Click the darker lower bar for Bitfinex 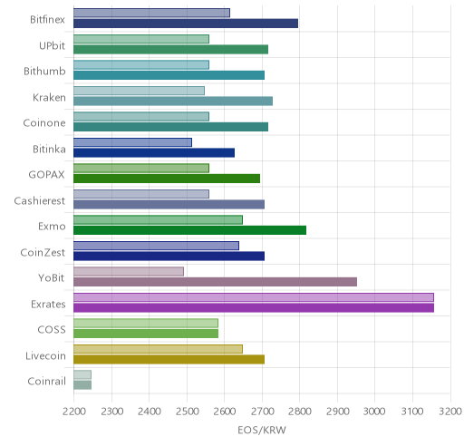click(186, 24)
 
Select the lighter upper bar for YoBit click(129, 271)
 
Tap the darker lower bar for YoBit click(216, 282)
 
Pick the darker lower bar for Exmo click(190, 230)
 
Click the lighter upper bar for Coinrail click(82, 374)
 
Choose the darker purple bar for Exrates click(254, 307)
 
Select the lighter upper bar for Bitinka click(132, 142)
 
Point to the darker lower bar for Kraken click(173, 101)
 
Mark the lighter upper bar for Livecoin click(158, 349)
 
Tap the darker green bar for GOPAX click(167, 179)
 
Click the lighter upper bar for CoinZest click(156, 246)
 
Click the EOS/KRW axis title click(262, 430)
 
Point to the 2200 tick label click(74, 412)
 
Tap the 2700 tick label click(262, 412)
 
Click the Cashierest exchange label click(40, 200)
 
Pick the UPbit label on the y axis click(52, 45)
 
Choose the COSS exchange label click(52, 329)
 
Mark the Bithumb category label click(44, 72)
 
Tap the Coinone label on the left click(44, 123)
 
